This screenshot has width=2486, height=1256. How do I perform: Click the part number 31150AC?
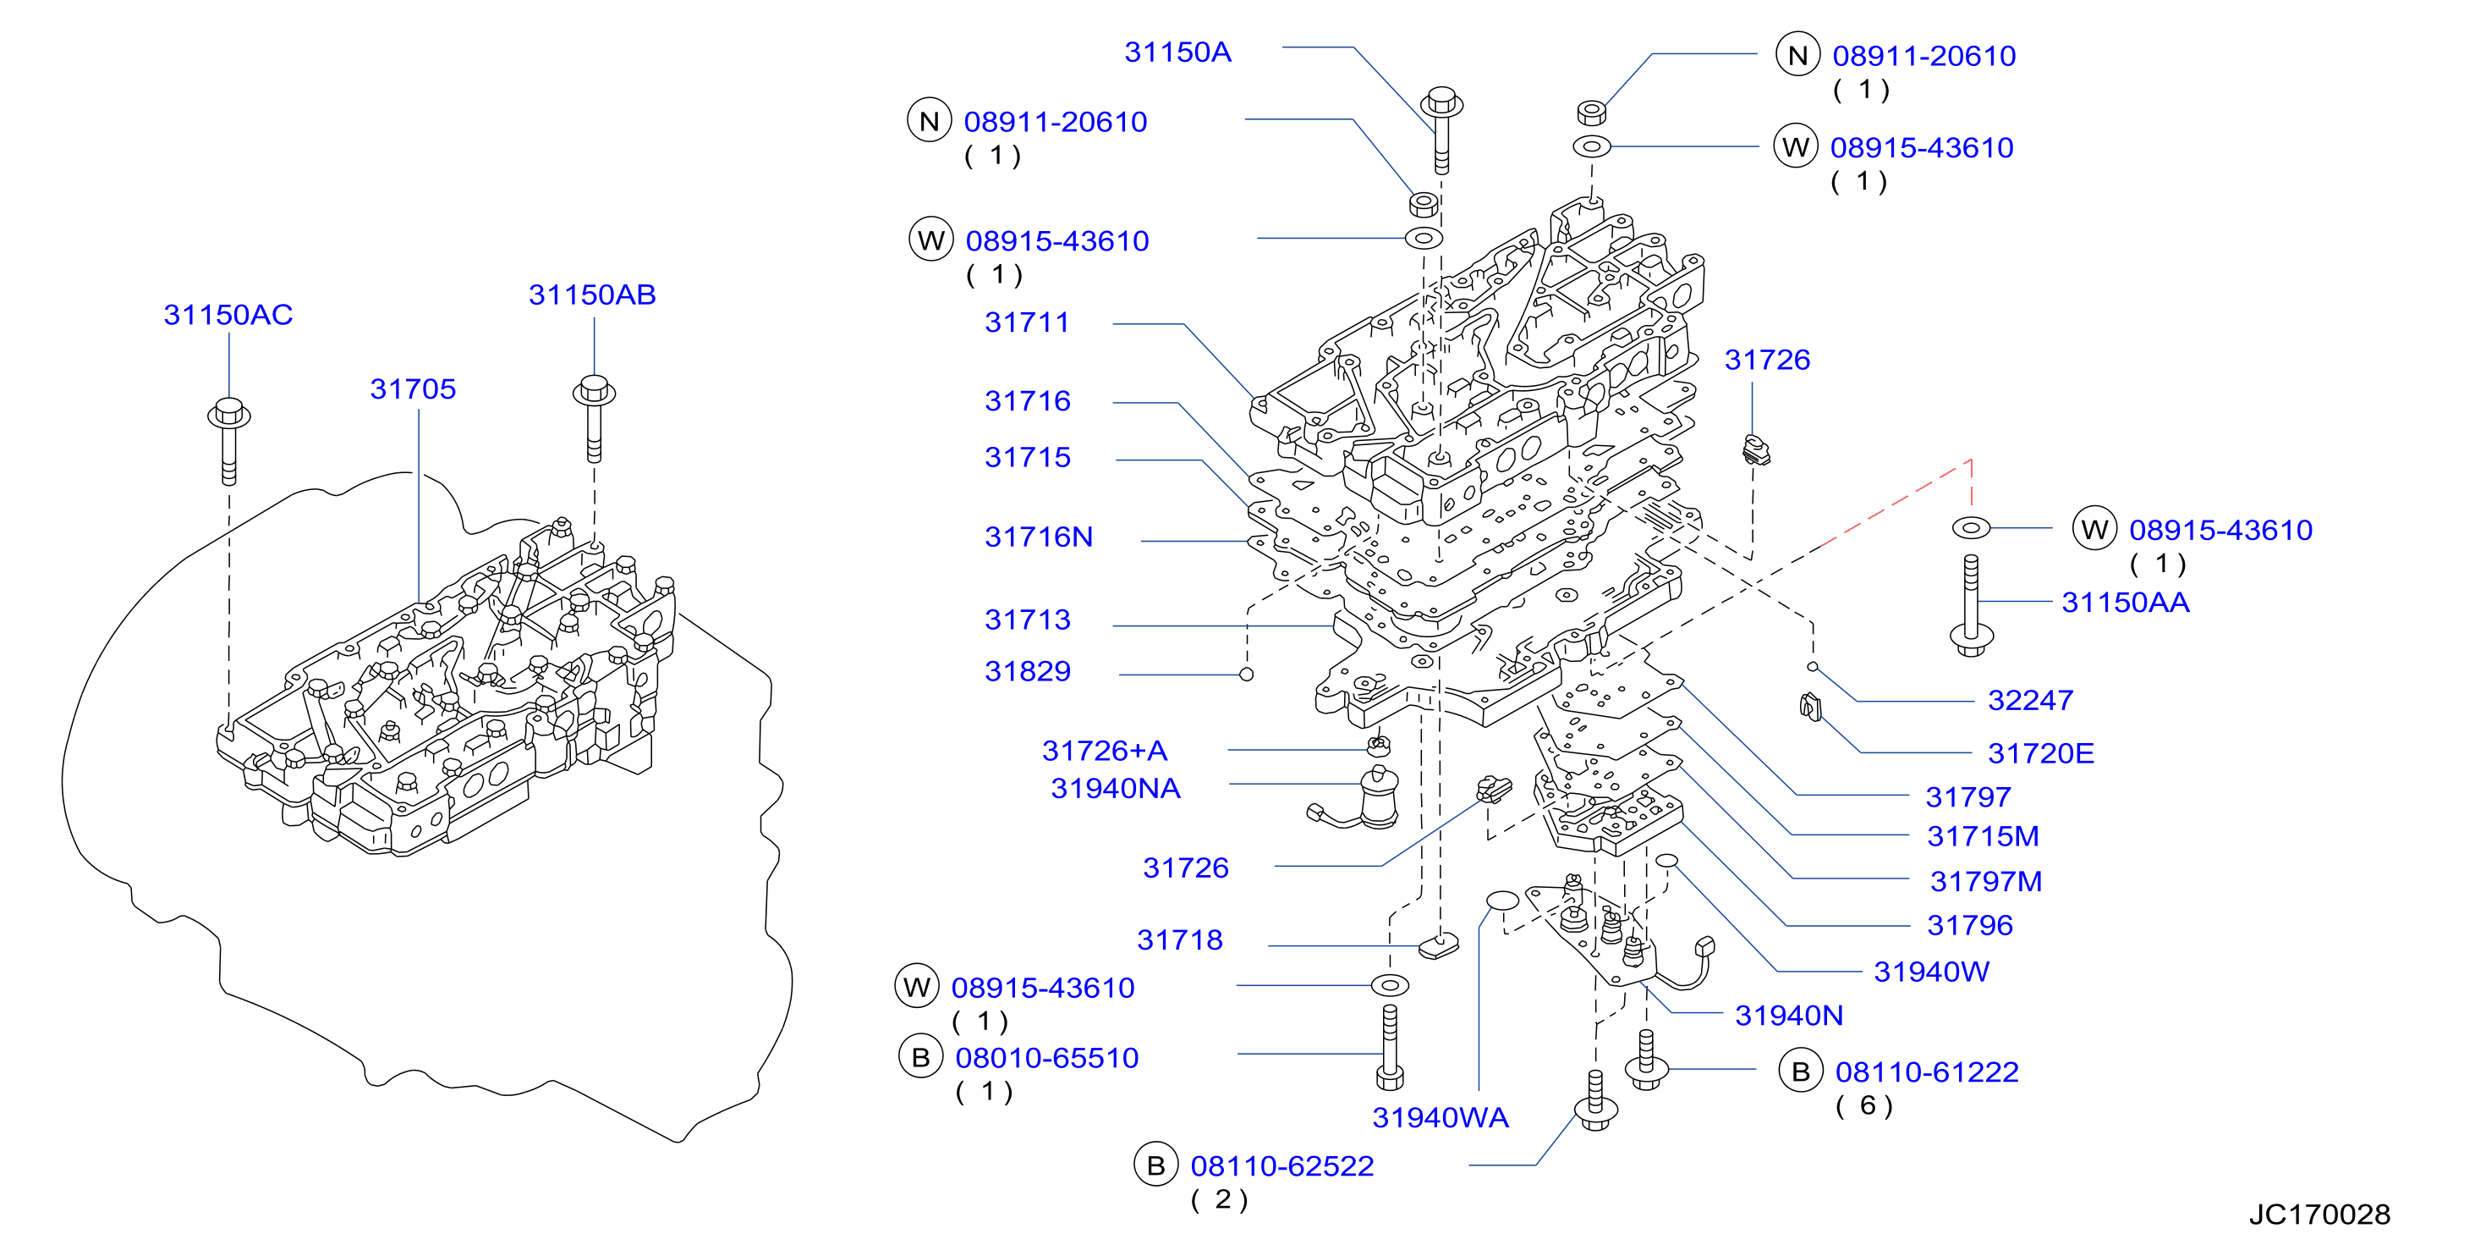[228, 315]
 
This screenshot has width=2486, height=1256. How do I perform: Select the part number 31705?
[413, 389]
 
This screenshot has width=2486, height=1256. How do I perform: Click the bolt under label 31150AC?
[228, 440]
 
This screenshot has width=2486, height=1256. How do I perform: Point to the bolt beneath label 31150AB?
[594, 418]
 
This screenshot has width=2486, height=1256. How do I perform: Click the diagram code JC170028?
[2319, 1215]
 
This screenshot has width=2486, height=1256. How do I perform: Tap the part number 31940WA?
[1440, 1118]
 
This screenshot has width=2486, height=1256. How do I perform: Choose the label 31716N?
[1039, 537]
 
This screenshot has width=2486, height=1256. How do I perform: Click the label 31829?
[1028, 671]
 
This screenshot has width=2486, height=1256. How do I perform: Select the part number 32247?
[2030, 700]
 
